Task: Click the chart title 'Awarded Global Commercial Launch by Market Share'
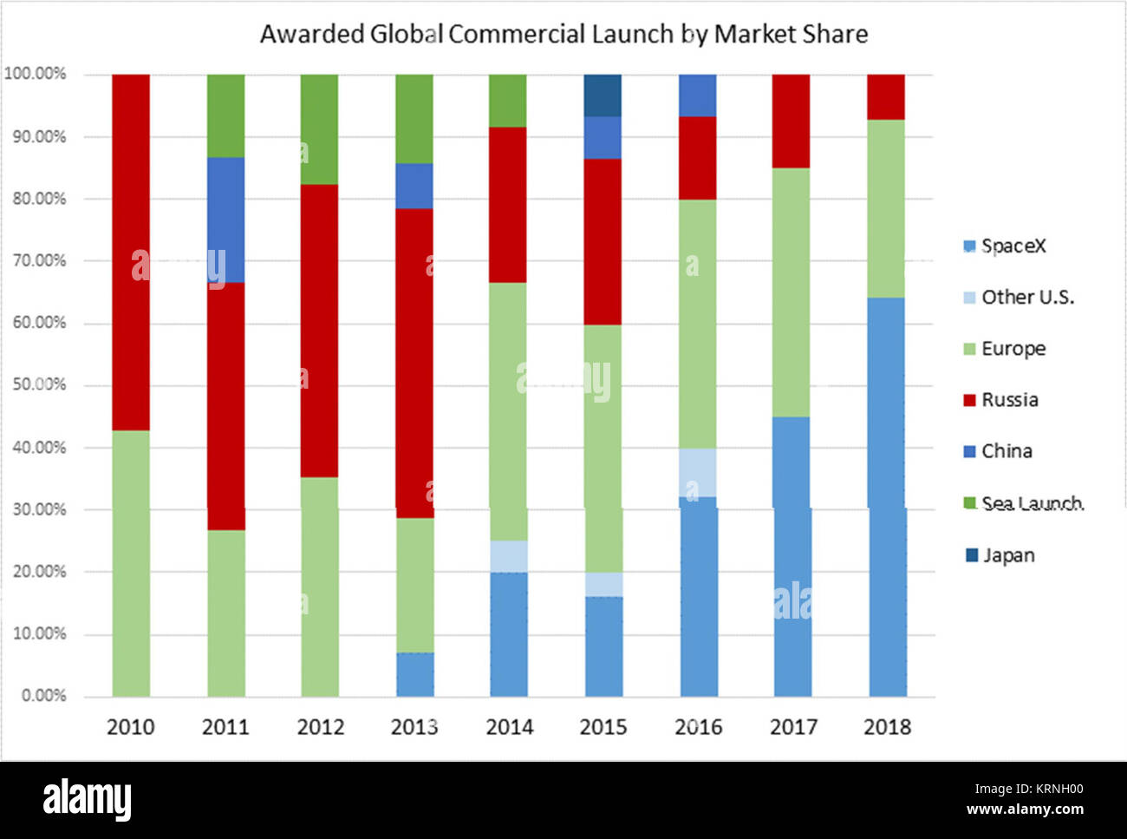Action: (563, 34)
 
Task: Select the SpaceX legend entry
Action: (1005, 246)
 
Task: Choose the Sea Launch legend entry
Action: (1023, 503)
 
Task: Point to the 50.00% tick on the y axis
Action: (39, 384)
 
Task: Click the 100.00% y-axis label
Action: (36, 74)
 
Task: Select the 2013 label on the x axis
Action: (414, 727)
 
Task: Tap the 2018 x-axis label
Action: (887, 727)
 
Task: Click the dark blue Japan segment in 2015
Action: (603, 95)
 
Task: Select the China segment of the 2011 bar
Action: (225, 220)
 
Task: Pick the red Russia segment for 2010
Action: (131, 252)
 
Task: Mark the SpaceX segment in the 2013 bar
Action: (414, 674)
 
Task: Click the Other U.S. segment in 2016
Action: (698, 472)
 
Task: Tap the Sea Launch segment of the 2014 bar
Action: (508, 101)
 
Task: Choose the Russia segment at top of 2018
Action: (886, 96)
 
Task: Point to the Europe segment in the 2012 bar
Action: (320, 587)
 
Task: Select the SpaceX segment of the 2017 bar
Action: (792, 556)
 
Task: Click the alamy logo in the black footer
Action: (87, 799)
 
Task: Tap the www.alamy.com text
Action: (1025, 810)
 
